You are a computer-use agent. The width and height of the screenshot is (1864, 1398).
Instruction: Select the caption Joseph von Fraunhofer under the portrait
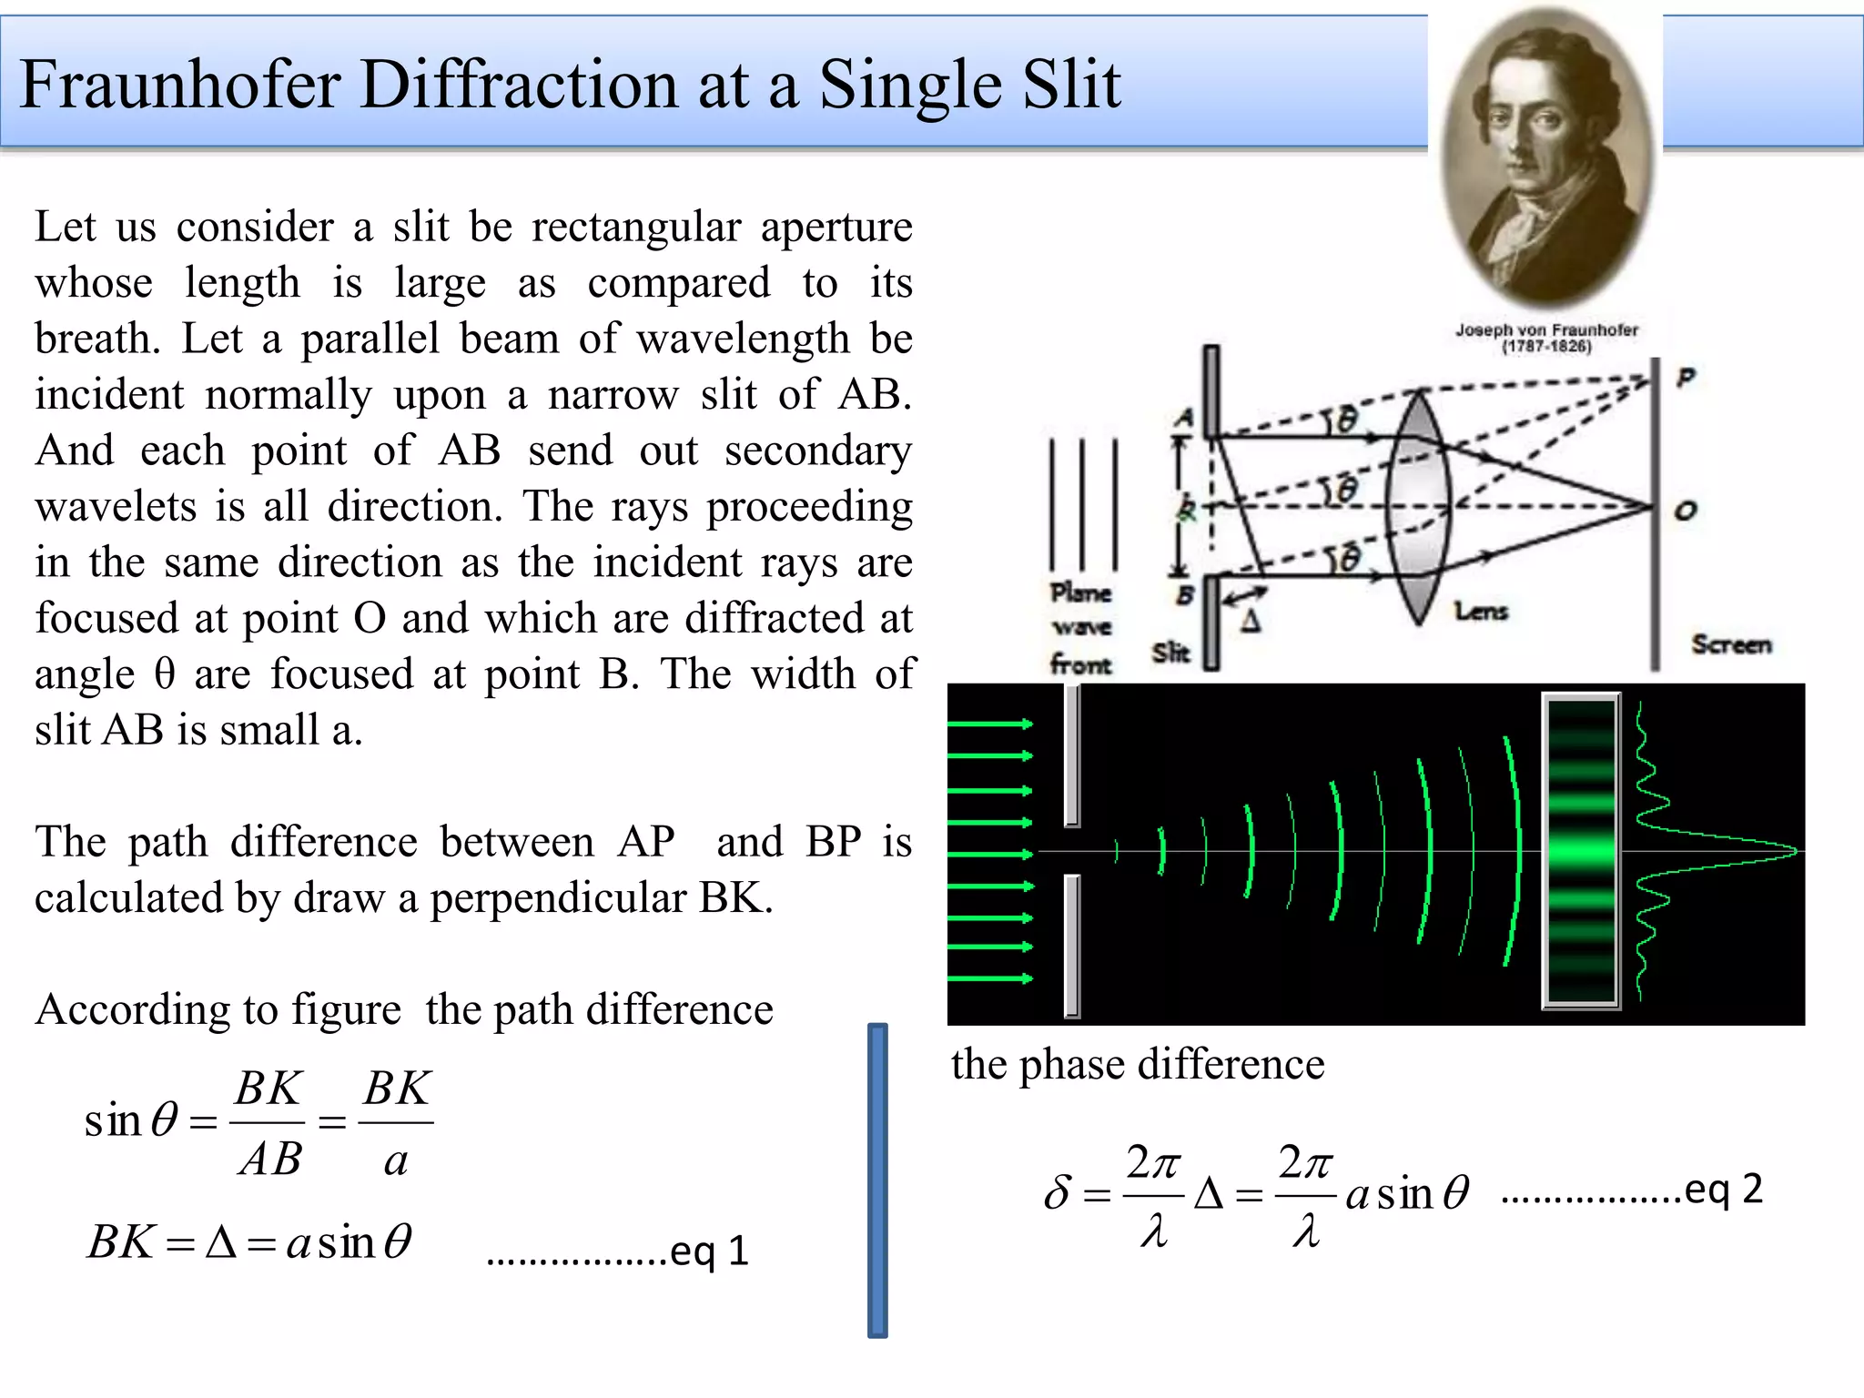point(1545,329)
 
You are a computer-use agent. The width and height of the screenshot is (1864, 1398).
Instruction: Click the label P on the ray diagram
point(1686,377)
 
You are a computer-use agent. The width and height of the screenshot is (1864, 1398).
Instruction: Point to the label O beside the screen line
point(1685,511)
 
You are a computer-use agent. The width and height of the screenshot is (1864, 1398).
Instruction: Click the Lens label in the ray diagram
point(1481,611)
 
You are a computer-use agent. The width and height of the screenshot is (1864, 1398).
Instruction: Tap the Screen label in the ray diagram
point(1731,644)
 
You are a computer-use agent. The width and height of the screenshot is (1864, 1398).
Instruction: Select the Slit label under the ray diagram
point(1170,653)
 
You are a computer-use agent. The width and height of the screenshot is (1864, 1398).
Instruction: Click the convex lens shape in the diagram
point(1417,507)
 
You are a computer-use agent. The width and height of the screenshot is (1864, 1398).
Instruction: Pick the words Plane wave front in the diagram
point(1081,628)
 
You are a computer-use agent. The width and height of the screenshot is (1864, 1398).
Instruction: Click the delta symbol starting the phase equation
point(1058,1191)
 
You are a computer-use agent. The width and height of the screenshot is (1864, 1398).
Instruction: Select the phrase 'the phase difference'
point(1138,1064)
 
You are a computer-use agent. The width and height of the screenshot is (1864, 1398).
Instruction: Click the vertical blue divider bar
point(877,1180)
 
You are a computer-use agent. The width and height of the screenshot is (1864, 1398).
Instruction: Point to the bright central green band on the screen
point(1581,852)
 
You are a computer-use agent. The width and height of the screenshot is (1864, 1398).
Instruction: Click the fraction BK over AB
point(268,1123)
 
